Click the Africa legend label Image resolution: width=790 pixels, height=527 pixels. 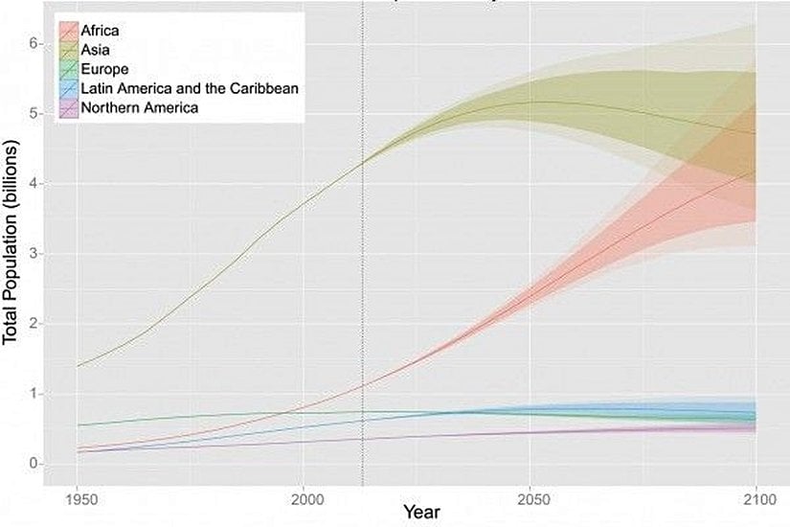(x=101, y=31)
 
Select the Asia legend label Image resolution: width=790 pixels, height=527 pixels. (x=97, y=50)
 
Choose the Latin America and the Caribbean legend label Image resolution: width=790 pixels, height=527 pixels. (x=191, y=88)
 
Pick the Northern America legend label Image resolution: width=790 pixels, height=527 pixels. (x=140, y=107)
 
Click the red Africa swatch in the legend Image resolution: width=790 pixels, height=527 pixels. (x=69, y=31)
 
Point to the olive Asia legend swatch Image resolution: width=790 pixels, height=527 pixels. (x=69, y=50)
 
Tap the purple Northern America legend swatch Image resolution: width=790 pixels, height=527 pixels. (x=69, y=107)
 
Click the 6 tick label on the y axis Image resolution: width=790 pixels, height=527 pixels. (x=33, y=43)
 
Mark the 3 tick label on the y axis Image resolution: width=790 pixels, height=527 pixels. (x=33, y=254)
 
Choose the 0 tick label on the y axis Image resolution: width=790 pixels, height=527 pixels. (x=33, y=464)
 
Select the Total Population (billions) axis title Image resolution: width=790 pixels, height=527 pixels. (x=11, y=254)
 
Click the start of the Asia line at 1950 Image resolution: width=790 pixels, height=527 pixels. (x=78, y=366)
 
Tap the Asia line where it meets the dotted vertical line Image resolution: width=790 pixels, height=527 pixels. (x=363, y=164)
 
